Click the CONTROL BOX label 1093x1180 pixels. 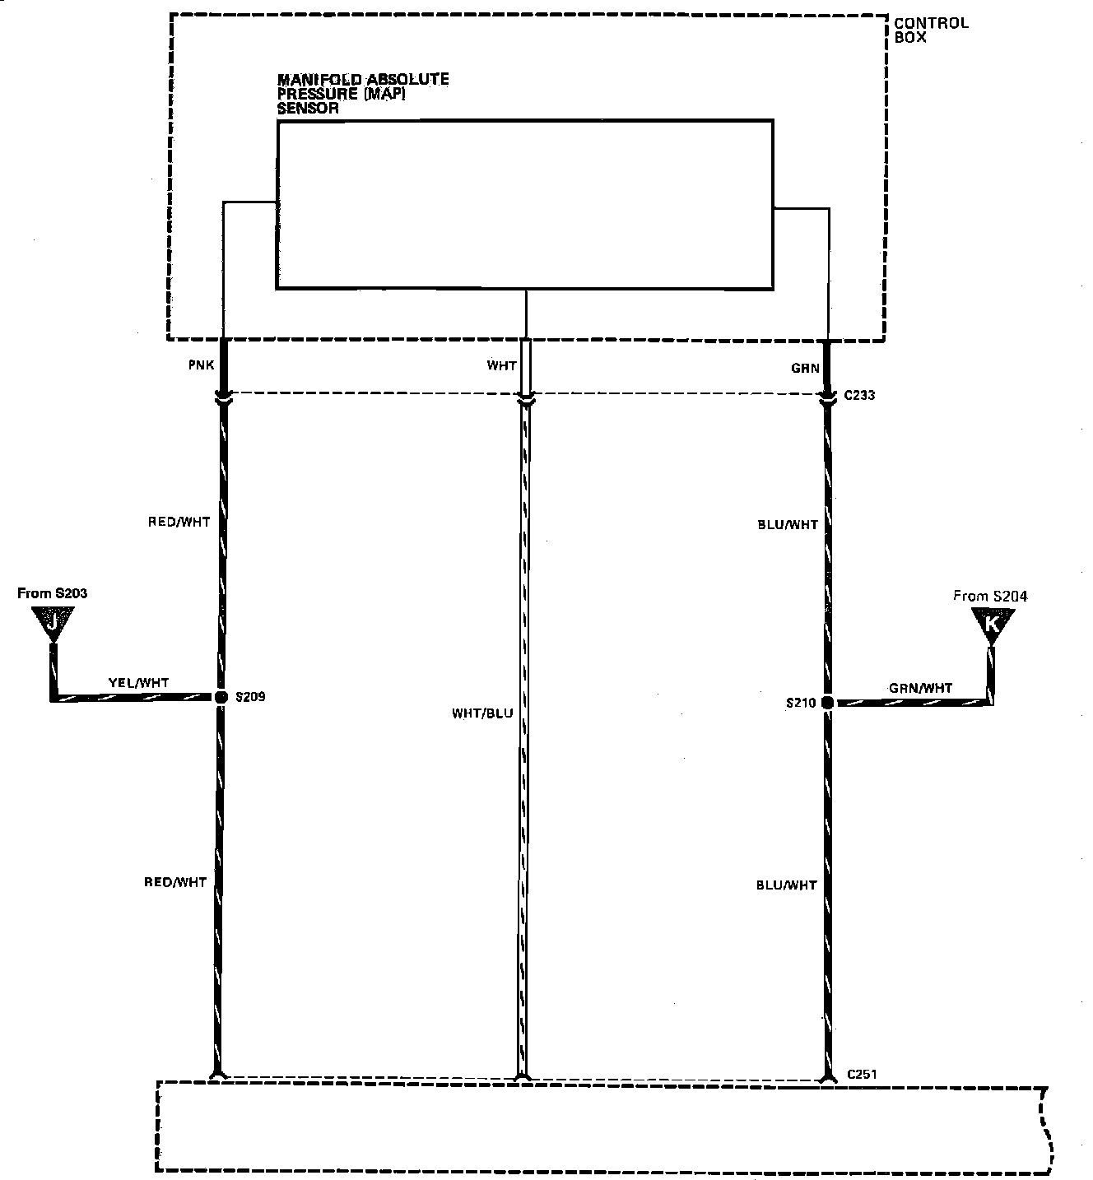point(931,30)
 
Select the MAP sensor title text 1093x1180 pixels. point(363,94)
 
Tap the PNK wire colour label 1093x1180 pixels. point(201,365)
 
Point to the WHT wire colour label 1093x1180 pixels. point(501,365)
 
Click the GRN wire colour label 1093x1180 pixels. point(805,369)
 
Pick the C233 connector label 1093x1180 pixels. point(859,395)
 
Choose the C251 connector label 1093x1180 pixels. point(862,1074)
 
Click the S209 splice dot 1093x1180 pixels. point(221,697)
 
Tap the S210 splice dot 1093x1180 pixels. point(827,703)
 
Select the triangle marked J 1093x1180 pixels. point(53,622)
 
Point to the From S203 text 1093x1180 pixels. point(53,593)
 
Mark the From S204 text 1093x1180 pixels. point(990,596)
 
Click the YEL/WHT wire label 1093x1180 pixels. point(138,683)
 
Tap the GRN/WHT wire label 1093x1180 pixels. point(921,688)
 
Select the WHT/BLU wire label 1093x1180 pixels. point(482,713)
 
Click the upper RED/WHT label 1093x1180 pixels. point(179,522)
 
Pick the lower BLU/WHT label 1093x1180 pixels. point(786,885)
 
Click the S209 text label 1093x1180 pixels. point(250,697)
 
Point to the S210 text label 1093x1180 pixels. point(801,703)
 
